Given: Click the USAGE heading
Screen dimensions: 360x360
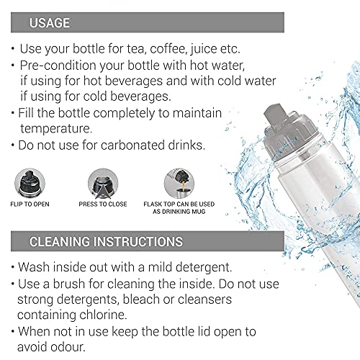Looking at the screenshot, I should tap(50, 23).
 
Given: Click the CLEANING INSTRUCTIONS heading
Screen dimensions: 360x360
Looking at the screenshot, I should tap(106, 242).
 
